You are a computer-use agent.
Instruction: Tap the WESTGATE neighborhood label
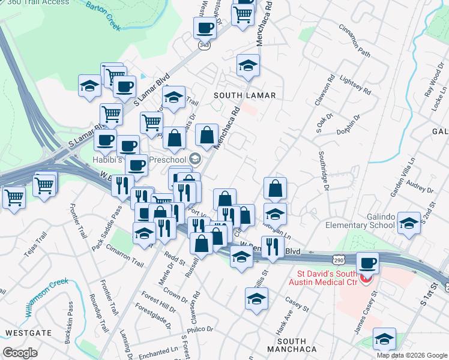25,332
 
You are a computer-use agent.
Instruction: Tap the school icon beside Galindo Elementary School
409,223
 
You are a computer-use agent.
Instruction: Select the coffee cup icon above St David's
367,263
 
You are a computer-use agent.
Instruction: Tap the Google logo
20,353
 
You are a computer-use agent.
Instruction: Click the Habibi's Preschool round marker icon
194,159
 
